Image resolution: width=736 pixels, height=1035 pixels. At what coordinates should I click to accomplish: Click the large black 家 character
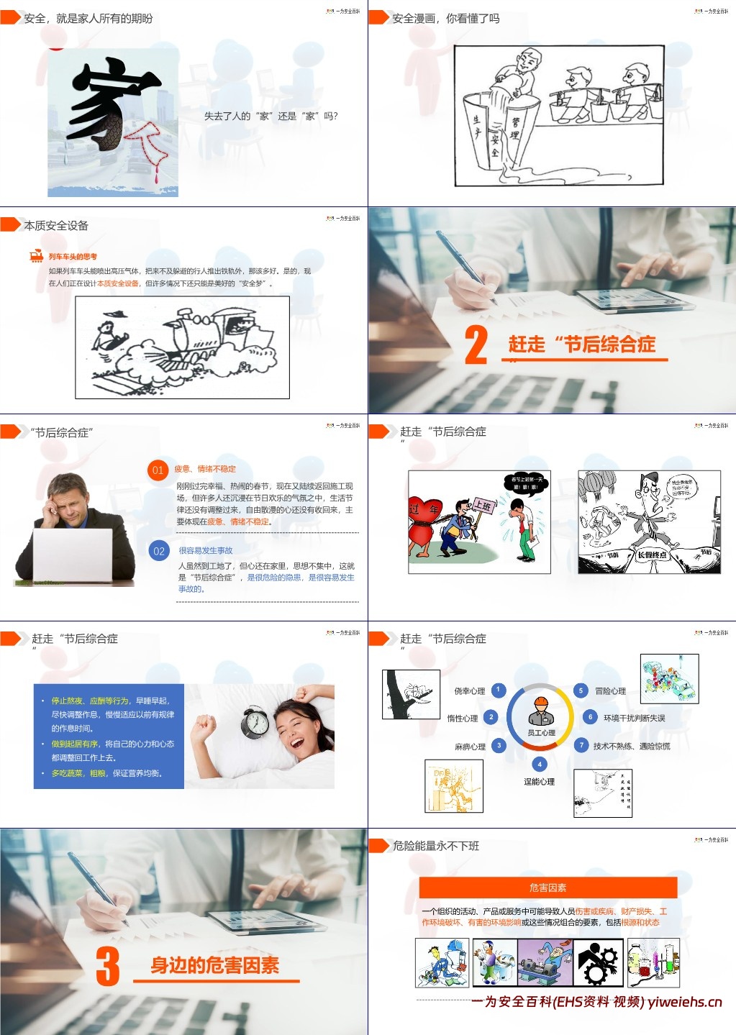[x=108, y=104]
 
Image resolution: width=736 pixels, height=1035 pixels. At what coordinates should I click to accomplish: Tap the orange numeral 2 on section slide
[x=476, y=345]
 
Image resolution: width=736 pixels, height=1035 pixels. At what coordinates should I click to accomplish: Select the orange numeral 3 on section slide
[x=108, y=966]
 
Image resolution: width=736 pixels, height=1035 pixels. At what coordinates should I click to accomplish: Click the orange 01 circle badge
[x=158, y=470]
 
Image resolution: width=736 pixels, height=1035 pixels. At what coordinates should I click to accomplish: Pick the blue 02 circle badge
[x=158, y=552]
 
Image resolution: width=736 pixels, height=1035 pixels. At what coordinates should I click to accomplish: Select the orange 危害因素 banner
[x=548, y=888]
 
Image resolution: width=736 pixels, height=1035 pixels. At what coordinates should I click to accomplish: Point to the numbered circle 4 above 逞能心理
[x=540, y=765]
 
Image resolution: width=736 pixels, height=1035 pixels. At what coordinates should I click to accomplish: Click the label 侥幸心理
[x=469, y=691]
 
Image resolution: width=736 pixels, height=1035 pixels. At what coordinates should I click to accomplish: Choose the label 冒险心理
[x=610, y=691]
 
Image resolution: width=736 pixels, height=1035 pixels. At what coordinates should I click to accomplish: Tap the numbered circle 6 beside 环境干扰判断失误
[x=590, y=717]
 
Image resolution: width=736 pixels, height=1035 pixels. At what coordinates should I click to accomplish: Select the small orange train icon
[x=37, y=256]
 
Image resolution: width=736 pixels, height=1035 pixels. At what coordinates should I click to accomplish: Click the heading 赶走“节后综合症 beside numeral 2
[x=581, y=345]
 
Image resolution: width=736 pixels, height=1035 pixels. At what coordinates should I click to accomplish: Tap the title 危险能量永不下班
[x=436, y=846]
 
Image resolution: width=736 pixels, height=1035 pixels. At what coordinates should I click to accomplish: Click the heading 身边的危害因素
[x=214, y=965]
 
